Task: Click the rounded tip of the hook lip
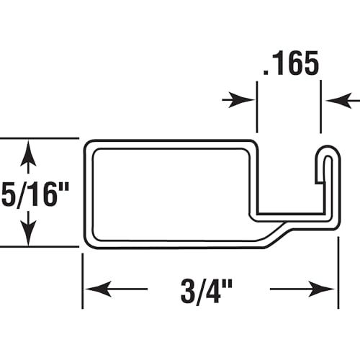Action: point(326,152)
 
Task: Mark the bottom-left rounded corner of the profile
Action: point(88,243)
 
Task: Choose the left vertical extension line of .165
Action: point(256,108)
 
